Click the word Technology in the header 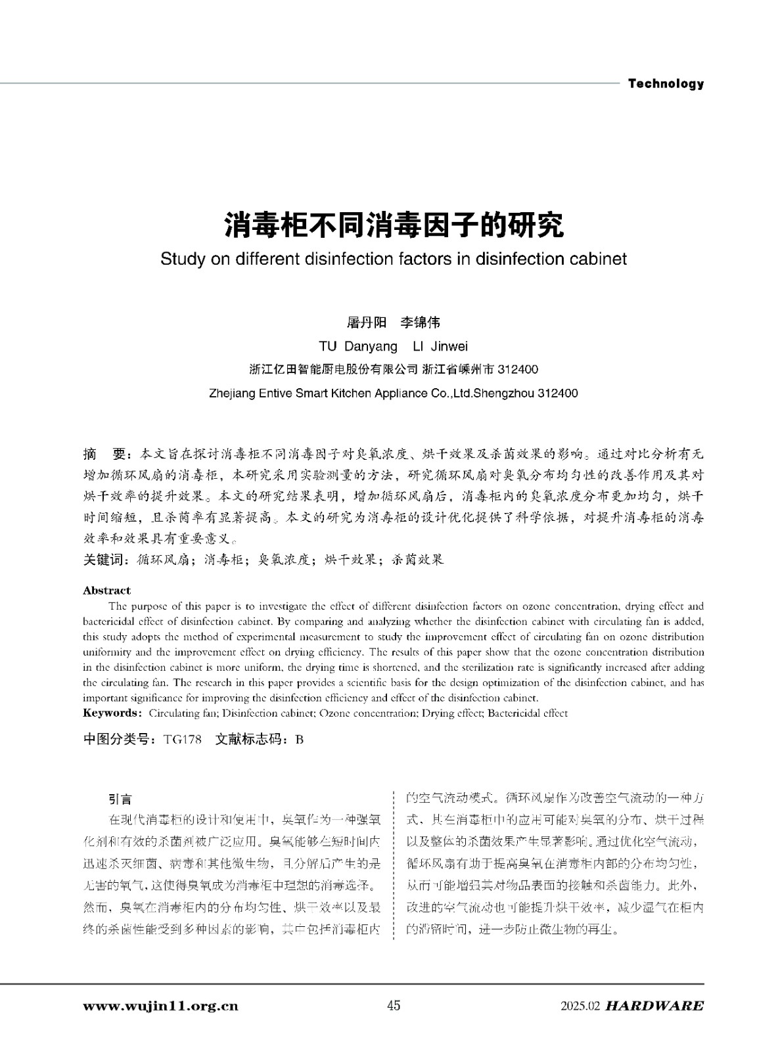click(666, 83)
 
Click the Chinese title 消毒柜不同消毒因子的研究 click(394, 225)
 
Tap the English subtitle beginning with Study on click(394, 259)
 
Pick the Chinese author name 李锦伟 click(421, 323)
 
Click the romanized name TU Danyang click(358, 346)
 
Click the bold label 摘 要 click(104, 454)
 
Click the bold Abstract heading click(106, 591)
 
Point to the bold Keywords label click(111, 713)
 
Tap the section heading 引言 click(120, 799)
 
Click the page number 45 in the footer click(394, 1006)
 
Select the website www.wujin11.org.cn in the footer click(161, 1006)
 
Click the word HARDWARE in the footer click(654, 1006)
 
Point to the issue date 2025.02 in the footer click(581, 1006)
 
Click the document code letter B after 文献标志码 click(300, 739)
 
